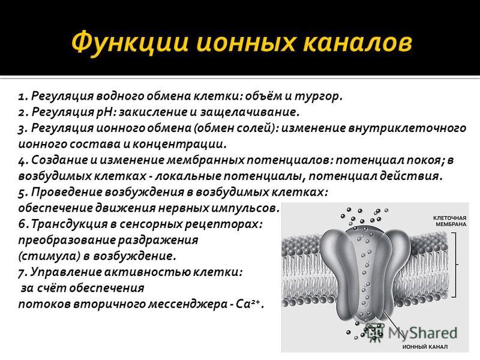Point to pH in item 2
point(104,113)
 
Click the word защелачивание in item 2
point(248,113)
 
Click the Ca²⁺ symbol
point(248,304)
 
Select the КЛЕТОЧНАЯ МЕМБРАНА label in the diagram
point(449,221)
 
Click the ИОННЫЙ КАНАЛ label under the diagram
point(425,347)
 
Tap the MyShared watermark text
point(423,333)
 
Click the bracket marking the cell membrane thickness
point(456,265)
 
